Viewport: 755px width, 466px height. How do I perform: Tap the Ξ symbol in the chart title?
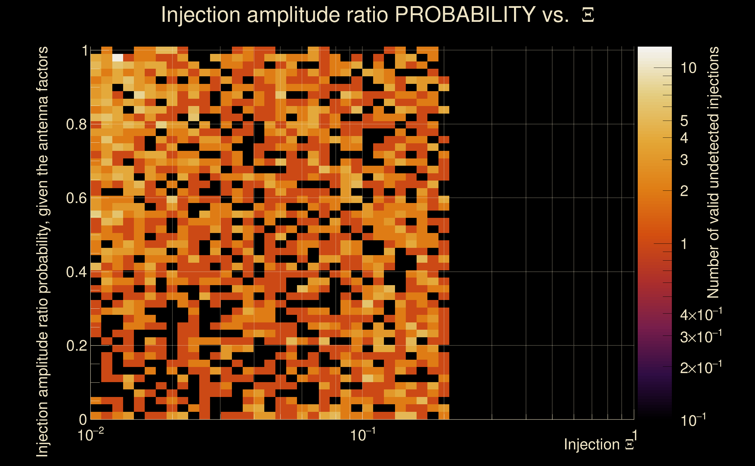[588, 15]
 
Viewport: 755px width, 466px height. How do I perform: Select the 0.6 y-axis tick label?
[76, 198]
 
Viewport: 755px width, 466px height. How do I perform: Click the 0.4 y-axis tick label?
[76, 272]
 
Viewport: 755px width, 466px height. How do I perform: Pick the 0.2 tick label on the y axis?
[76, 345]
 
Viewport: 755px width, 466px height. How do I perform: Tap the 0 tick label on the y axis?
[83, 419]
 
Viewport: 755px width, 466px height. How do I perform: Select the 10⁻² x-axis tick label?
[90, 435]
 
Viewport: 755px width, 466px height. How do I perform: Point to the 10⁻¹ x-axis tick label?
[362, 435]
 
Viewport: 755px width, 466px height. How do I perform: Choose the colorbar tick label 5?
[684, 121]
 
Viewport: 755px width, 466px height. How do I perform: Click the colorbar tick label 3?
[684, 160]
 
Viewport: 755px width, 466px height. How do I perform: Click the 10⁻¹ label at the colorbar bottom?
[693, 420]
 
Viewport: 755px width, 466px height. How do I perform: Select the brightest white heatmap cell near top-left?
[118, 58]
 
